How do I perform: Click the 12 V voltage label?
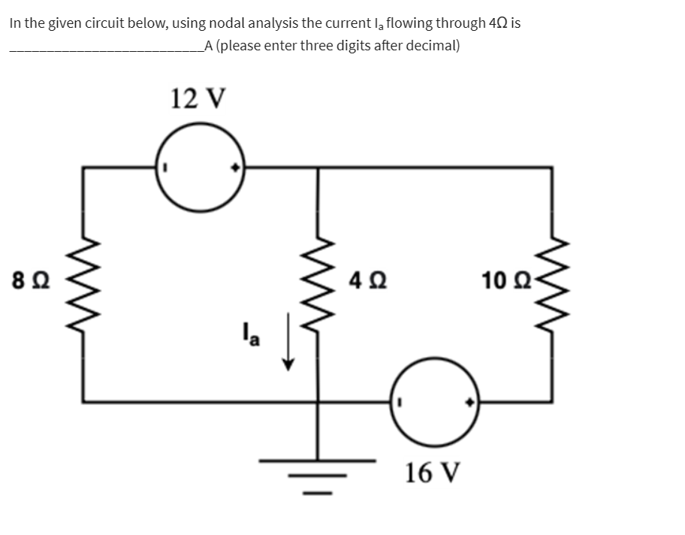198,98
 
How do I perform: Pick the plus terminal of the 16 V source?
470,402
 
